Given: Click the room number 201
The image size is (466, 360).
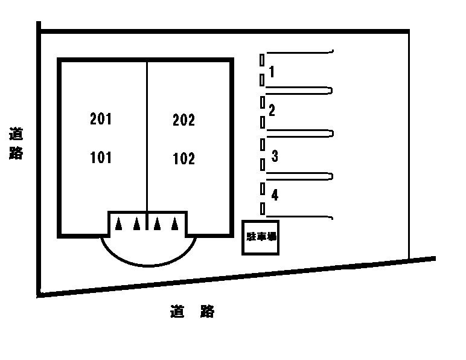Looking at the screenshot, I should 101,119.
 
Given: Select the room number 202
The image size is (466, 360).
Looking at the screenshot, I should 184,120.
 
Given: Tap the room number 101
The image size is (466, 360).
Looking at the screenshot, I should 101,158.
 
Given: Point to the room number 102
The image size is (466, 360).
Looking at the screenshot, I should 184,159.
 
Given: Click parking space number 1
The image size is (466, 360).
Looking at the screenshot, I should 272,72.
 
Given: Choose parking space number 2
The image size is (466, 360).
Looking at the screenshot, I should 272,110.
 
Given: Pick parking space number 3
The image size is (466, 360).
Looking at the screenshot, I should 275,156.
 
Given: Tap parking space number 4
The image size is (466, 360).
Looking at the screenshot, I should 275,195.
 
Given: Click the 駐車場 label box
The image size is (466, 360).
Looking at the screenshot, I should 261,237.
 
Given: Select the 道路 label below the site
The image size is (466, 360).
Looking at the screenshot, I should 192,312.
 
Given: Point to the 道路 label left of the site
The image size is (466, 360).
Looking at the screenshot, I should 16,143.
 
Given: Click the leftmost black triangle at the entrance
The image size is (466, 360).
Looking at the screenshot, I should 119,223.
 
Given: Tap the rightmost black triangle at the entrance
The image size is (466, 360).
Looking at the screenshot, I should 175,223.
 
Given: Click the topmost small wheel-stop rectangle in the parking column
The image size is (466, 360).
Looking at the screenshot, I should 262,60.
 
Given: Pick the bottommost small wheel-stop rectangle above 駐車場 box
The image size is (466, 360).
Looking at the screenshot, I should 262,208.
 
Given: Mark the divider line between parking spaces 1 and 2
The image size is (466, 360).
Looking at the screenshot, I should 299,91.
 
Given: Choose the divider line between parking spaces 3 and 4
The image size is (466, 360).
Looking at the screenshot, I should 299,176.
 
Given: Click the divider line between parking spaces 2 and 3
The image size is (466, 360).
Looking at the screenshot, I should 299,132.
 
